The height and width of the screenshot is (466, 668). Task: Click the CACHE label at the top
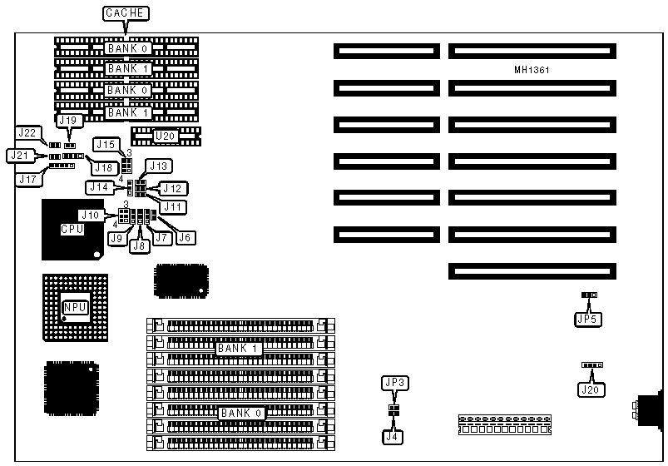coord(125,13)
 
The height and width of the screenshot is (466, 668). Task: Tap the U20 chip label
coord(166,134)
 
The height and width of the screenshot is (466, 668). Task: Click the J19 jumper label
coord(68,121)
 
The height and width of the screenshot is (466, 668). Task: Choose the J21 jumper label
coord(18,155)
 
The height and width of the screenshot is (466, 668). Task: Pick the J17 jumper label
coord(27,176)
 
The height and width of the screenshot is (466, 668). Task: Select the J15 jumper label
coord(106,144)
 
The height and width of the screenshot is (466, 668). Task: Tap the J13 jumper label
coord(158,165)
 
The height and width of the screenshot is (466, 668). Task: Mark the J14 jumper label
coord(99,187)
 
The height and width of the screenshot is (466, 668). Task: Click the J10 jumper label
coord(90,216)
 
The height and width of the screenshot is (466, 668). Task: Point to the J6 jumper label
coord(186,237)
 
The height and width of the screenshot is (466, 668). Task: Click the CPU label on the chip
coord(72,228)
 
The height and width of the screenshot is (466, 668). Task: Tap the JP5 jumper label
coord(587,317)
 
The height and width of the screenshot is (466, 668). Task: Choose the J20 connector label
coord(591,388)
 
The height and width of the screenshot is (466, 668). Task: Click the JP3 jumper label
coord(393,383)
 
